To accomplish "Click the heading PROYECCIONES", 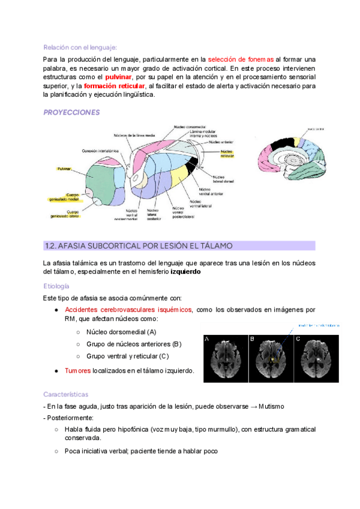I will [71, 112].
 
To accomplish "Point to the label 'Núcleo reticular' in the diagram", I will [227, 153].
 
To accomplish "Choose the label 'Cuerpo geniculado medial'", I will [65, 197].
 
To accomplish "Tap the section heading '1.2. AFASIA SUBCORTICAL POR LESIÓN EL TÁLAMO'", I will [139, 245].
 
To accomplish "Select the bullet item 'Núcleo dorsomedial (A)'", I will [121, 332].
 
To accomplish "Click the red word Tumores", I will [77, 370].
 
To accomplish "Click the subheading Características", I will [65, 394].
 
